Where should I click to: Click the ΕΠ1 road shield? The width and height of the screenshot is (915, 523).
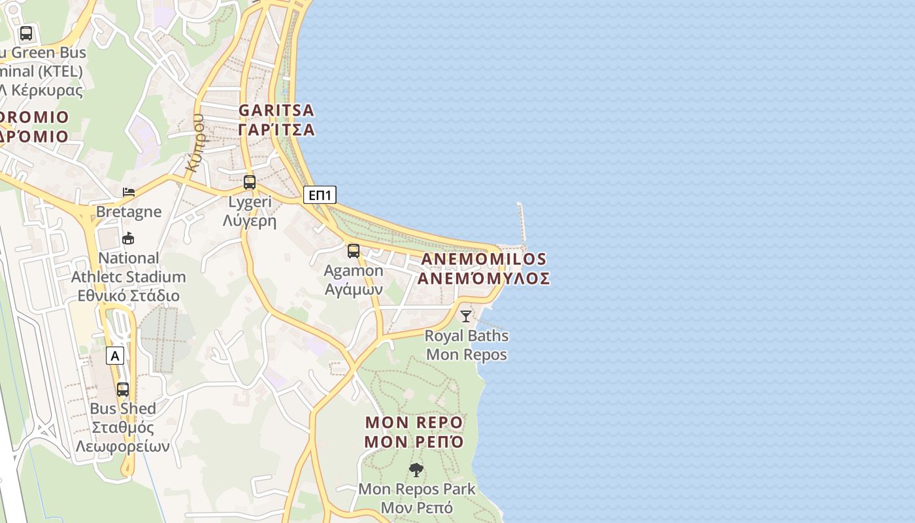[x=320, y=195]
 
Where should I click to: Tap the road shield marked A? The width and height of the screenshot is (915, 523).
[x=115, y=356]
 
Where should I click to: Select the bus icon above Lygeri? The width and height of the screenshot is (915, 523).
[x=250, y=182]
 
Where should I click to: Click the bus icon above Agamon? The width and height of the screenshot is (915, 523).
[x=354, y=251]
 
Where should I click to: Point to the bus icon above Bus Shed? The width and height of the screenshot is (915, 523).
[x=123, y=390]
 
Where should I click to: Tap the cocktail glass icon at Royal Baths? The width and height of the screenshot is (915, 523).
[x=465, y=316]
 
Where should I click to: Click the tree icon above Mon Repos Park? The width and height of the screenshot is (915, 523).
[x=416, y=469]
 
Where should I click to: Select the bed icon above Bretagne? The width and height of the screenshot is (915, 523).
[x=129, y=192]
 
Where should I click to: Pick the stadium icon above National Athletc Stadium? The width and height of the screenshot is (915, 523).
[x=128, y=239]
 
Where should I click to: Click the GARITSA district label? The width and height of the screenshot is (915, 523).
[x=276, y=110]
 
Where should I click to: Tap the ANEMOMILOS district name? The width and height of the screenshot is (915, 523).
[x=484, y=259]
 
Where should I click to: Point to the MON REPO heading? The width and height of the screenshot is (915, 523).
[x=414, y=422]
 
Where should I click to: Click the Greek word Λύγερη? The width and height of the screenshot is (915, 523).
[x=250, y=221]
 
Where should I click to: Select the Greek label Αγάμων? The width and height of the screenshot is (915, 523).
[x=354, y=289]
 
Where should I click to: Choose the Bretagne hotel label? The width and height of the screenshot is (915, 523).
[x=129, y=212]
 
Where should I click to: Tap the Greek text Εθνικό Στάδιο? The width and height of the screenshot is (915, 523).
[x=129, y=295]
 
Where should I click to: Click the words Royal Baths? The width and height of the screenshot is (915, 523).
[x=467, y=336]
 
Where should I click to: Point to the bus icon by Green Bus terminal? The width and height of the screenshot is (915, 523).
[x=26, y=33]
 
